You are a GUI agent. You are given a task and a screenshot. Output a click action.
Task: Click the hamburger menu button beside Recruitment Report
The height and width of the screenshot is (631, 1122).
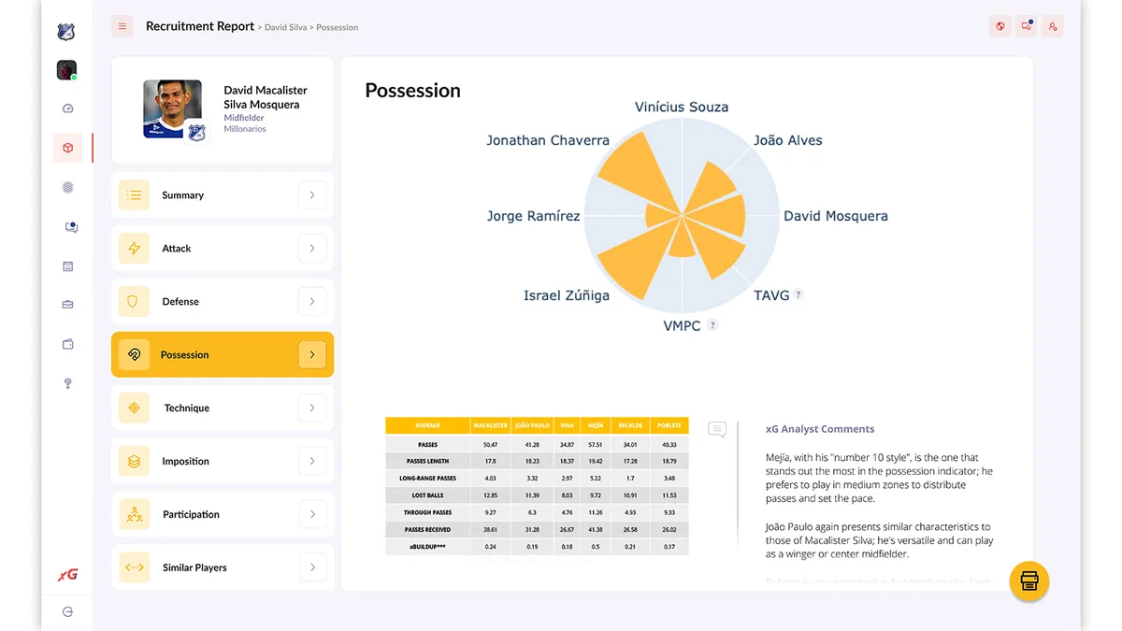coord(122,26)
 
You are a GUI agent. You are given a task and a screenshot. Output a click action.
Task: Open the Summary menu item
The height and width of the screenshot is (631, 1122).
coord(182,195)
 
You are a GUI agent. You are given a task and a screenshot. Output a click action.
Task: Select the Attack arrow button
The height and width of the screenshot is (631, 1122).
coord(311,249)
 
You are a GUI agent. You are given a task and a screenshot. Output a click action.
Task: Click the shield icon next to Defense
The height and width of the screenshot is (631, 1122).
coord(134,302)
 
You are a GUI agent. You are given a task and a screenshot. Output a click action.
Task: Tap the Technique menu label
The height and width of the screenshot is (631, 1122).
coord(186,409)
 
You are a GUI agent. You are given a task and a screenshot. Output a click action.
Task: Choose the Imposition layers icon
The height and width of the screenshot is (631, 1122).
coord(134,462)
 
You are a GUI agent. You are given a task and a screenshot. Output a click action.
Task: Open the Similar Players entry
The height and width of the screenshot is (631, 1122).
coord(194,567)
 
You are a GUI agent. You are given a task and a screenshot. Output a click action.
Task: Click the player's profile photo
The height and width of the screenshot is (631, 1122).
coord(172,108)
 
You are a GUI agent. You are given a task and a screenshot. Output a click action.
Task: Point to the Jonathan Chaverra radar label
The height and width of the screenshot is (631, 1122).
coord(547,140)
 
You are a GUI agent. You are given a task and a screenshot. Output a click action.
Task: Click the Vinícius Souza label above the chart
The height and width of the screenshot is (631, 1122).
coord(681,107)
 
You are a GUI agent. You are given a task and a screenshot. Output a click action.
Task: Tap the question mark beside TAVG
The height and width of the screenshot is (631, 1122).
coord(798,294)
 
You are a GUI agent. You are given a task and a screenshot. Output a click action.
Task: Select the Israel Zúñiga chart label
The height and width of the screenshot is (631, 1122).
coord(566,295)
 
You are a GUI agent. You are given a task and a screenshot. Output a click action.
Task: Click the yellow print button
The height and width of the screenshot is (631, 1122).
coord(1029,581)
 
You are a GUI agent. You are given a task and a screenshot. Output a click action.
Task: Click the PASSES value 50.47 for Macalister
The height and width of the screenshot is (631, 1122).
coord(490,444)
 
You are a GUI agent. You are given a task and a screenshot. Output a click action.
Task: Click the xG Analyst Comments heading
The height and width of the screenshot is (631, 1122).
coord(820,429)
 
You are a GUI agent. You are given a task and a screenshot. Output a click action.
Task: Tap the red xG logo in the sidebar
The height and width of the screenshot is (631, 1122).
coord(67,575)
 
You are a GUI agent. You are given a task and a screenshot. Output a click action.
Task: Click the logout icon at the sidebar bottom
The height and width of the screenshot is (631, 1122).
coord(67,611)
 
